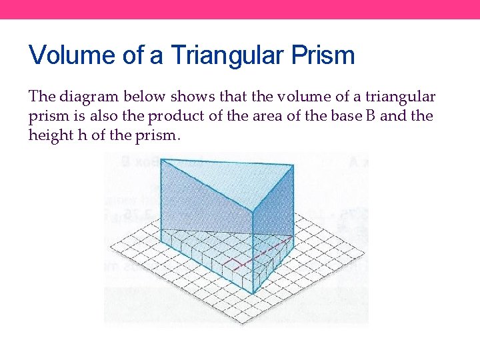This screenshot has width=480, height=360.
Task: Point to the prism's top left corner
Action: point(161,159)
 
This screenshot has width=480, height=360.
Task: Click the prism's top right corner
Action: point(293,165)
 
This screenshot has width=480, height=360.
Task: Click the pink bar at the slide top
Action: point(240,9)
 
